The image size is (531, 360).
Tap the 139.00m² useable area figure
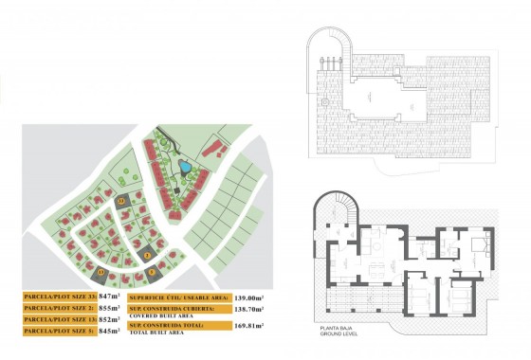248,297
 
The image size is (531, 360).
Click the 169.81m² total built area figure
248,326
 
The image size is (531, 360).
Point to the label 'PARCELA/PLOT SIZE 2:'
58,309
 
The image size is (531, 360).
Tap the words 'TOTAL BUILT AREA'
155,333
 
